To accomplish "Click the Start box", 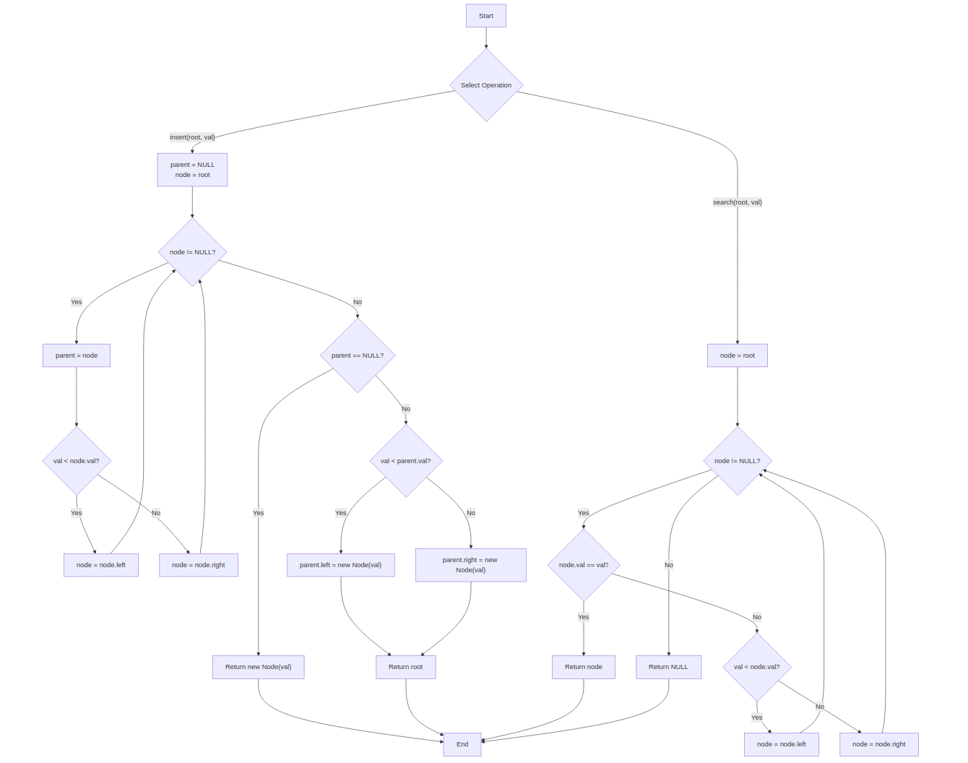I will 485,16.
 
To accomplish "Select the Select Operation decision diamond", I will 486,85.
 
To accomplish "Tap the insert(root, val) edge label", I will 192,137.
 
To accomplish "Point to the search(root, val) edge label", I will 737,202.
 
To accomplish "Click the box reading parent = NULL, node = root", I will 192,170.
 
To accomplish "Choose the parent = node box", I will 77,355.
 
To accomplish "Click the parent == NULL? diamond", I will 358,355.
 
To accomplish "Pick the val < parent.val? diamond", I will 406,461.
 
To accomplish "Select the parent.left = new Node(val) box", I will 341,565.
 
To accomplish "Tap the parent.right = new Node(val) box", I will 470,565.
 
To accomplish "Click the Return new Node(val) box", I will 258,667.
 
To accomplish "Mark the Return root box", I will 405,667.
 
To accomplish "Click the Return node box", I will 584,667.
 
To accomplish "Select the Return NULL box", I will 668,667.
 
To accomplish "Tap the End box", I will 462,744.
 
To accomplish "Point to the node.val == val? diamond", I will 584,565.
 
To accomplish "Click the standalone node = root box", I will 737,355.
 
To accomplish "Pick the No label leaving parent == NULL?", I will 406,409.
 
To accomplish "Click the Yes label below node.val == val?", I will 584,617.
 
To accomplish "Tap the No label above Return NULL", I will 669,565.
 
